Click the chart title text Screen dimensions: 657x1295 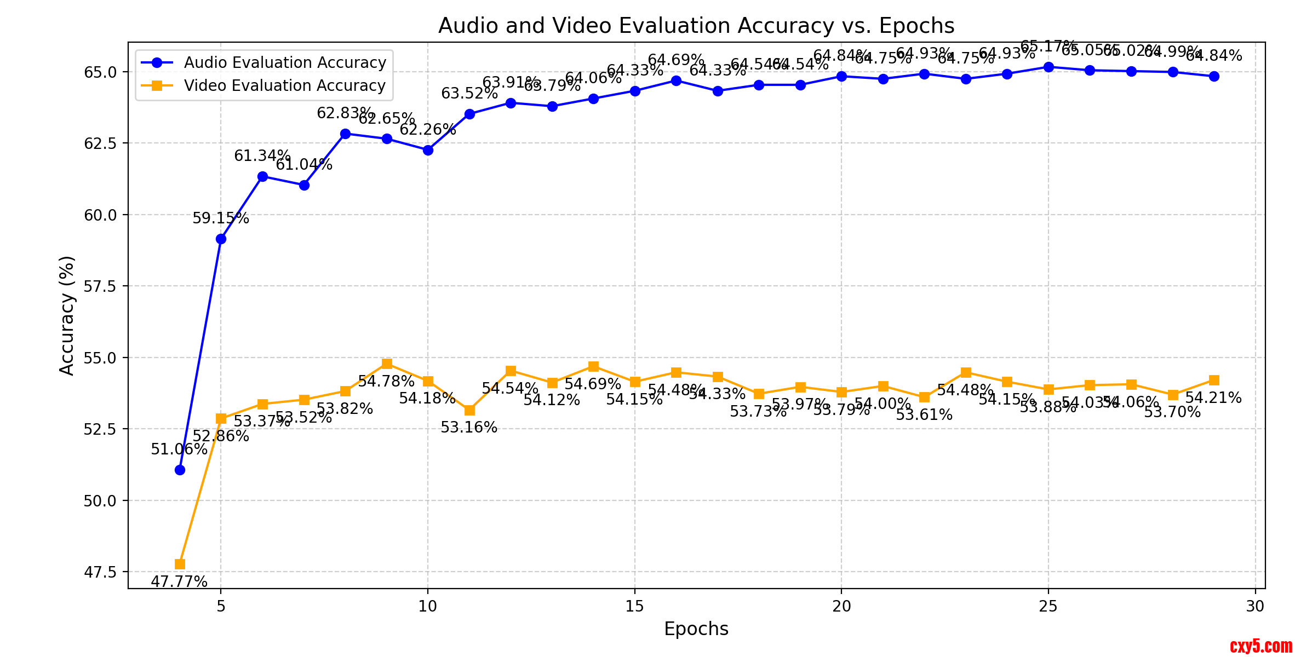(696, 26)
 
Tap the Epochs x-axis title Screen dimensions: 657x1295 (696, 629)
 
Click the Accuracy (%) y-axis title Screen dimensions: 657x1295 (67, 315)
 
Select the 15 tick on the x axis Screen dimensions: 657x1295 (634, 606)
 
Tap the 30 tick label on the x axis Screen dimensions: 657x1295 (1255, 606)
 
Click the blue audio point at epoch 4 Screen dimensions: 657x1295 (180, 470)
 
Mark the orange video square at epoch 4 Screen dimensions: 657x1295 (180, 564)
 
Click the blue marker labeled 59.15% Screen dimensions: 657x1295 (221, 239)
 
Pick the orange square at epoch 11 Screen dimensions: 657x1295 (469, 410)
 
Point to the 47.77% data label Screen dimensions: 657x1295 (179, 581)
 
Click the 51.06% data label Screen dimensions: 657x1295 (179, 449)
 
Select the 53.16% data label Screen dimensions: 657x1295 (469, 428)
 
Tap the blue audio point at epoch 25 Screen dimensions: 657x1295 (1048, 67)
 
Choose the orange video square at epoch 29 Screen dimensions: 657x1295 (1214, 380)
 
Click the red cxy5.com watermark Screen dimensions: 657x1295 (1261, 646)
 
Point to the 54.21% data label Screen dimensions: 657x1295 (1213, 398)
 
